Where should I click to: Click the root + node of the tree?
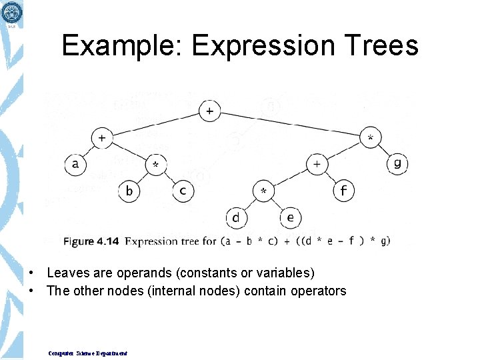coord(210,111)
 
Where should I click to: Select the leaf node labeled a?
coord(75,164)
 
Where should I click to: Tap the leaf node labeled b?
coord(129,191)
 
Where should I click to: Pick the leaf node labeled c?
coord(183,191)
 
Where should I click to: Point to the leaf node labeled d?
coord(236,217)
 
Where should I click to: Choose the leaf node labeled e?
coord(290,217)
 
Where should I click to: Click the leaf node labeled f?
coord(343,191)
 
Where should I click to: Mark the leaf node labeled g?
coord(397,164)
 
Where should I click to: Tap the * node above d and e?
coord(263,191)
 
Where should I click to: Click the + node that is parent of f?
coord(317,164)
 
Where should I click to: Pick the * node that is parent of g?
coord(371,138)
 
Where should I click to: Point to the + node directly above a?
coord(102,138)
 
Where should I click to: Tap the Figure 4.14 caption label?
coord(91,241)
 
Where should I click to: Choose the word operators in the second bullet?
coord(317,291)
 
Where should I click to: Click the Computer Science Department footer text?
coord(87,353)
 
